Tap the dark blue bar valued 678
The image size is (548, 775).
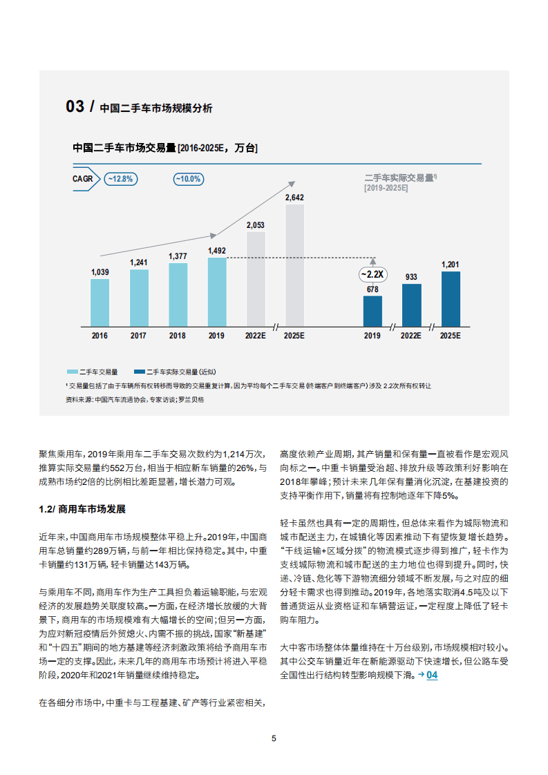tap(372, 311)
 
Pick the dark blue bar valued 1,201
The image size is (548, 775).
tap(450, 298)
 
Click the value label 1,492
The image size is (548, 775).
tap(217, 251)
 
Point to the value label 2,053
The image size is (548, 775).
tap(256, 224)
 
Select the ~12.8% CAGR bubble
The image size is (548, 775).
tap(121, 178)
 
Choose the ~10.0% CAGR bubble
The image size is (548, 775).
tap(187, 178)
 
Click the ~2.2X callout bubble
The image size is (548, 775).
tap(373, 274)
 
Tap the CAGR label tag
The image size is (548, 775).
tap(84, 178)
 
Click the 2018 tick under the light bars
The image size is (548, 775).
tap(178, 335)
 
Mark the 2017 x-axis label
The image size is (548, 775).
tap(139, 335)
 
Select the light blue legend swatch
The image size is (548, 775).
tap(73, 372)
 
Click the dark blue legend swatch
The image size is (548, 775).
tap(138, 372)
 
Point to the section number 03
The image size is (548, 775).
tap(75, 106)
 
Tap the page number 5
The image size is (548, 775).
tap(274, 738)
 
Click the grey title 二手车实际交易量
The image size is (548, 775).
tap(400, 178)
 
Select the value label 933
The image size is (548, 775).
tap(411, 277)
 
